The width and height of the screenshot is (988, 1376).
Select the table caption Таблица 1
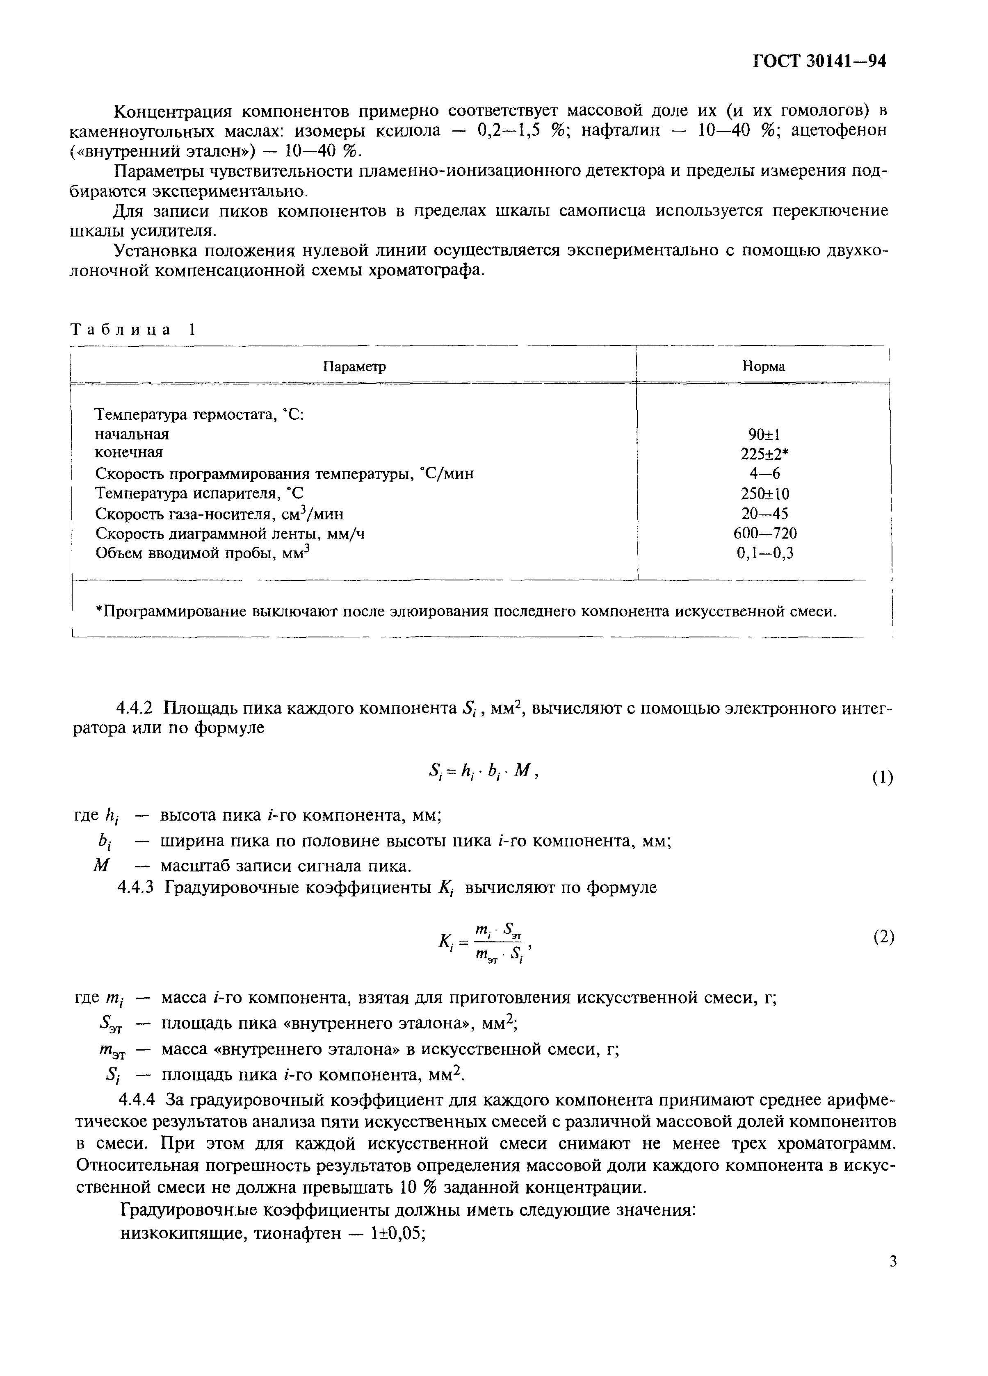click(x=134, y=330)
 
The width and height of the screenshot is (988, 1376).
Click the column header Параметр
click(x=354, y=366)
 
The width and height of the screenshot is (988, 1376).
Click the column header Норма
click(x=764, y=366)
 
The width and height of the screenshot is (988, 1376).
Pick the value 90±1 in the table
click(x=764, y=434)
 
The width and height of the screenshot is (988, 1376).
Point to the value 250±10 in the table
click(x=764, y=494)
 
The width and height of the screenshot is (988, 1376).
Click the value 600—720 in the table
click(x=764, y=533)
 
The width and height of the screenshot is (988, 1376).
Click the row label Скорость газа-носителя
click(x=219, y=514)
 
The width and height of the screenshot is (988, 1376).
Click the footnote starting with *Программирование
click(x=466, y=612)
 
